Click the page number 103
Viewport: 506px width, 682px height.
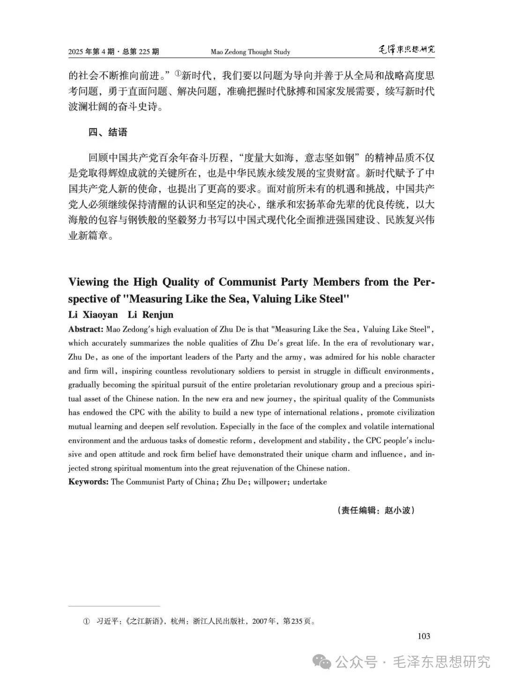(x=423, y=636)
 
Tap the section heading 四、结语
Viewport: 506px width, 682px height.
(x=108, y=132)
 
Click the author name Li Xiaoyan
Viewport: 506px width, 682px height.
(x=93, y=314)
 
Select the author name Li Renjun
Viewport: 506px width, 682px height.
(x=150, y=314)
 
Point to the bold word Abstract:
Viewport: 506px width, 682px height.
(x=86, y=329)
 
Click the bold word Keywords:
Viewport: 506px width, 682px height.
(x=88, y=482)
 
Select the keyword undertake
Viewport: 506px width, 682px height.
(x=310, y=482)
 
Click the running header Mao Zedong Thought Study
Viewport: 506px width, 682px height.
(x=250, y=52)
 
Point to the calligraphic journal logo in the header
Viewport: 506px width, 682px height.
(x=406, y=50)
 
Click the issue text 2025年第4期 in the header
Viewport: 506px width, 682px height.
(x=91, y=52)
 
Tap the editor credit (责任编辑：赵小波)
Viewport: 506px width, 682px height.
(x=376, y=510)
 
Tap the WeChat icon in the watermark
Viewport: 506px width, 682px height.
(x=324, y=662)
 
